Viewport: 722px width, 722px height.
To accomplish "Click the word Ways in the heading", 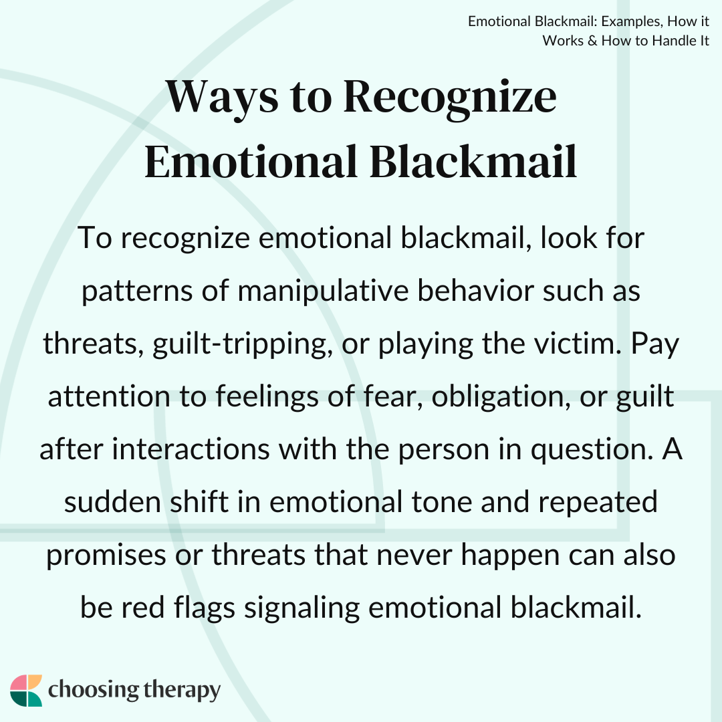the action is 222,98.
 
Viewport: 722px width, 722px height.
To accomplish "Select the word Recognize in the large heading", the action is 450,98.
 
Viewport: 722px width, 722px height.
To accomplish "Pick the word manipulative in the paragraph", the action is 323,291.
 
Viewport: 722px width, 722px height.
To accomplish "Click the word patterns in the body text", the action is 137,291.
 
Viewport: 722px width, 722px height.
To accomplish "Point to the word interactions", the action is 191,449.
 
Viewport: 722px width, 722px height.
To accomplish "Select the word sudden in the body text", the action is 112,502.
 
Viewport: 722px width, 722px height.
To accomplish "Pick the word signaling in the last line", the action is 302,608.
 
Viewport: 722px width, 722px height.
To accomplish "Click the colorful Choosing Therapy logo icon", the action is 26,690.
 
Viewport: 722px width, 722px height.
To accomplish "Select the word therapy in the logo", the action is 182,691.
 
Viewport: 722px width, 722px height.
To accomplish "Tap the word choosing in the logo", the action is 94,691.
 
